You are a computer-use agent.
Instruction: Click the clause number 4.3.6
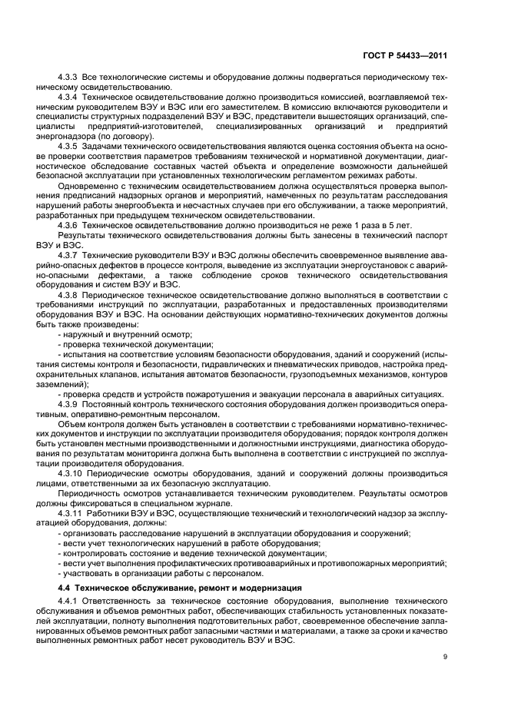[x=69, y=226]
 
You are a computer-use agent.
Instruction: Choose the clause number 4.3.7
[x=69, y=253]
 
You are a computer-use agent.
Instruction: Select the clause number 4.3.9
[x=69, y=404]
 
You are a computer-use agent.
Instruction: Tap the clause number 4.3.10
[x=71, y=473]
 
